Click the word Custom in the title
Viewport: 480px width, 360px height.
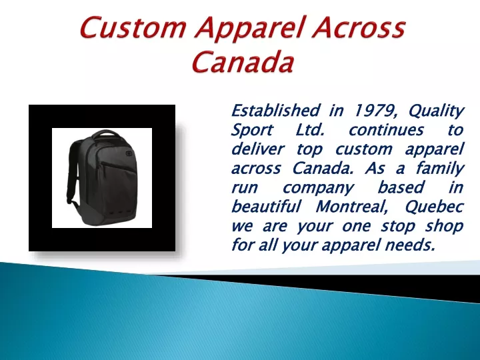133,27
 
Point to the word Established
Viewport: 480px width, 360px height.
275,110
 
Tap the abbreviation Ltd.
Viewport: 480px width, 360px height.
310,129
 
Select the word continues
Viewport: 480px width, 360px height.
386,130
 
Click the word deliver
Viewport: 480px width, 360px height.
257,149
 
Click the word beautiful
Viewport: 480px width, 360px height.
266,206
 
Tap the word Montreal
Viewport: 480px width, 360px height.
352,207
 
